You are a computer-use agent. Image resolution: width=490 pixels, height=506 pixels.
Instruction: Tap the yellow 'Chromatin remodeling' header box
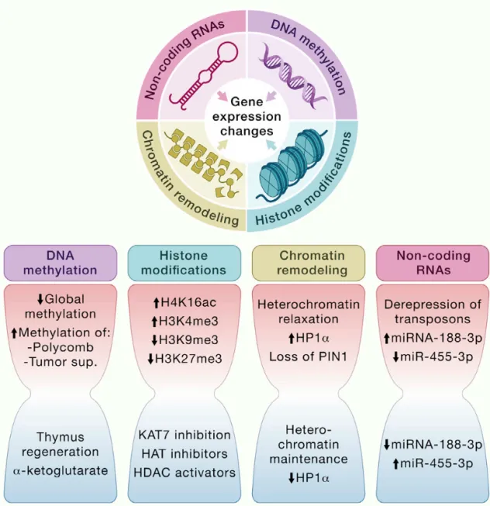[x=309, y=263]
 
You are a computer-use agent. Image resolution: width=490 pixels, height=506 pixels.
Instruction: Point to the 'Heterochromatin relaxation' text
[x=309, y=312]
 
